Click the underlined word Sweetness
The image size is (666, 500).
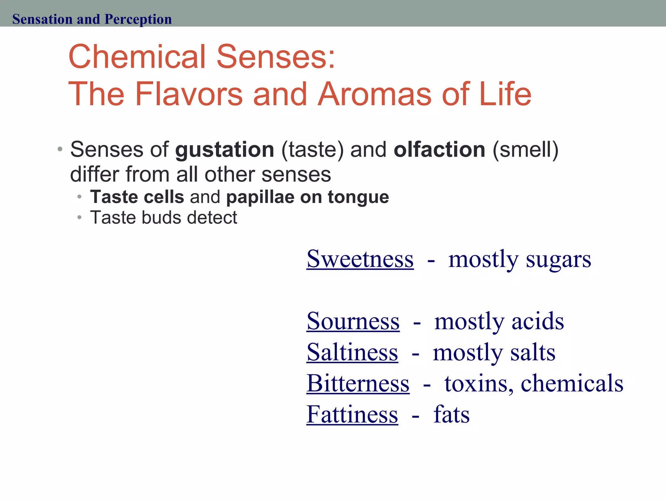tap(360, 259)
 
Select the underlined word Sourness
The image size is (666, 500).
tap(353, 322)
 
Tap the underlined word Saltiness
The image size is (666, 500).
tap(352, 353)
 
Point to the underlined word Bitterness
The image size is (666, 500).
tap(358, 384)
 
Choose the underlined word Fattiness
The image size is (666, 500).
tap(352, 415)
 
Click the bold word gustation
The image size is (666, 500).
tap(225, 150)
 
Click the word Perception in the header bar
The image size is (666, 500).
tap(138, 19)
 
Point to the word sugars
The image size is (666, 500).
tap(558, 260)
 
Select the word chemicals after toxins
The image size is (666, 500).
tap(572, 383)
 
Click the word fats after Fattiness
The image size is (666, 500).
tap(452, 415)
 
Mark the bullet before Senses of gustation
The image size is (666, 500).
tap(60, 150)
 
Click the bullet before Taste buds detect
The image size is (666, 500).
tap(79, 217)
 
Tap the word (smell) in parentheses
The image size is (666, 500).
tap(526, 150)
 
